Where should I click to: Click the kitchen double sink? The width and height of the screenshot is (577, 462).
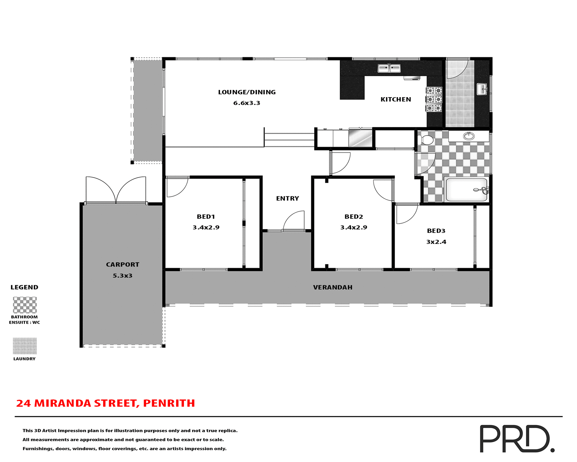click(389, 68)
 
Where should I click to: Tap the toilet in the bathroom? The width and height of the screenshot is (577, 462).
click(426, 140)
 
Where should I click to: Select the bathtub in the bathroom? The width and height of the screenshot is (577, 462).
click(466, 189)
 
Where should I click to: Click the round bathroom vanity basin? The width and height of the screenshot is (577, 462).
click(469, 136)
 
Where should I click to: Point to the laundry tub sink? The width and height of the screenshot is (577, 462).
click(482, 89)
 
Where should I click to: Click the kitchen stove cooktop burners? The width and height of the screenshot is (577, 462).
click(434, 99)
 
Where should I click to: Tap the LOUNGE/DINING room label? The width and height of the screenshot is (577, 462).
click(247, 92)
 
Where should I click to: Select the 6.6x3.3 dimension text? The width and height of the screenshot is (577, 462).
click(247, 103)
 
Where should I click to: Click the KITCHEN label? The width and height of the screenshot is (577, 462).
click(395, 100)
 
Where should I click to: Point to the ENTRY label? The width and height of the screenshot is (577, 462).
click(287, 199)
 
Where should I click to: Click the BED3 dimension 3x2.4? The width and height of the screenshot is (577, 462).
click(436, 242)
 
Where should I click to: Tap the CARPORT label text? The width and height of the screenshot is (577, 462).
click(123, 265)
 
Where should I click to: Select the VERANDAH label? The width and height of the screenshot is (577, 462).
click(332, 288)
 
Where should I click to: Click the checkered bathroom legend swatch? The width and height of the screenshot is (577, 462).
click(25, 305)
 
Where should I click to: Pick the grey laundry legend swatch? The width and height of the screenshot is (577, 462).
click(25, 346)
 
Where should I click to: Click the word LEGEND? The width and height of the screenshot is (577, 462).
click(24, 287)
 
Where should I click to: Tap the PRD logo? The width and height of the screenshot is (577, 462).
click(516, 439)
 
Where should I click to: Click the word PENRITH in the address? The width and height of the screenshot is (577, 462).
click(169, 403)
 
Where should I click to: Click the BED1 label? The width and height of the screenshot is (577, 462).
click(206, 217)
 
